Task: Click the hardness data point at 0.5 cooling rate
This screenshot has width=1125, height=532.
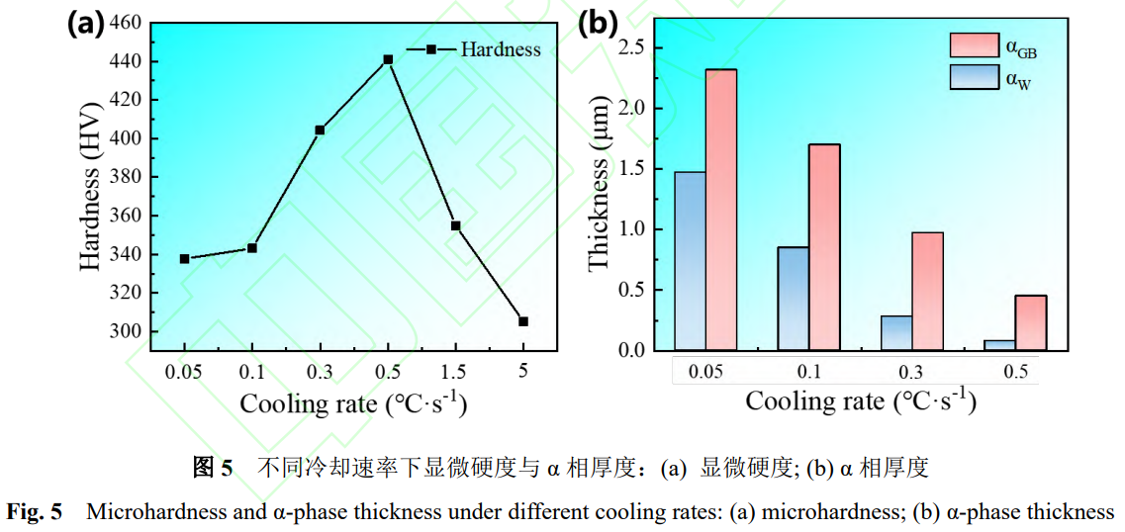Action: click(388, 59)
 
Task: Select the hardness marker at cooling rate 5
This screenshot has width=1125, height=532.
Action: click(523, 321)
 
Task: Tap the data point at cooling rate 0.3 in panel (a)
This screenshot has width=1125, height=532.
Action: click(320, 130)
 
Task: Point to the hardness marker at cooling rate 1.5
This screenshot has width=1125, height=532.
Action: click(455, 225)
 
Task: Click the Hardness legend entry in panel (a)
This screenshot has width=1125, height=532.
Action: click(501, 48)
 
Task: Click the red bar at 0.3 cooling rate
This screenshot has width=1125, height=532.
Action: click(927, 291)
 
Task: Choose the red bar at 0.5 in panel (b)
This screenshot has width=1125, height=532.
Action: click(1030, 322)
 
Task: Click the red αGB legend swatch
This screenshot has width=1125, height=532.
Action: click(974, 44)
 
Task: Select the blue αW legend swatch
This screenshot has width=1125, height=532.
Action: click(974, 77)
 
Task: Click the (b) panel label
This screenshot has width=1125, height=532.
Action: click(598, 22)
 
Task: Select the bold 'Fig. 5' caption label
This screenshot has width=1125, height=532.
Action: click(35, 512)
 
